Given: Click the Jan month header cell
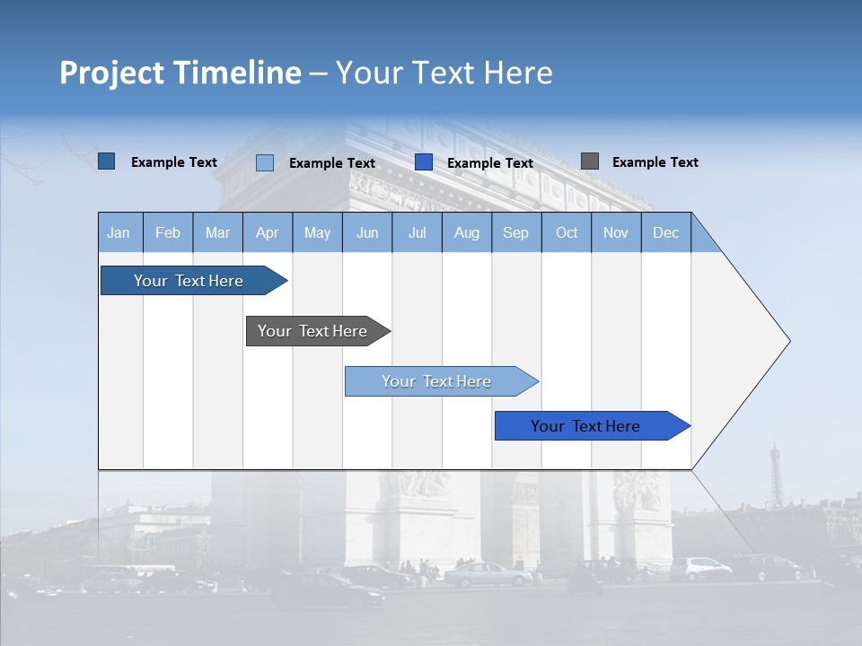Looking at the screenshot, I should click(119, 232).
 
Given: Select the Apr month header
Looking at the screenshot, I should click(268, 232).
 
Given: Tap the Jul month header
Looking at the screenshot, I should click(417, 232).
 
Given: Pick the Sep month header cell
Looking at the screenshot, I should click(515, 232).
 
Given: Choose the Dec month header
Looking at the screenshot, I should click(665, 232).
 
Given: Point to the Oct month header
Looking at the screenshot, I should click(567, 232).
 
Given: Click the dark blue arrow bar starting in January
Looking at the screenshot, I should click(189, 281).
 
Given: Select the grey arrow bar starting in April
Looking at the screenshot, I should click(314, 331).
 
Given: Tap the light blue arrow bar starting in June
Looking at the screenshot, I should click(437, 381).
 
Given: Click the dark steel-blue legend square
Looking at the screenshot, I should click(106, 161).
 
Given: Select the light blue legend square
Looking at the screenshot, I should click(264, 162).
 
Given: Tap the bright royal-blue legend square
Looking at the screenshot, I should click(424, 162).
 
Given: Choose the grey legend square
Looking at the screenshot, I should click(589, 161).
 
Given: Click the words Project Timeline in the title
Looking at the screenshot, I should click(180, 73).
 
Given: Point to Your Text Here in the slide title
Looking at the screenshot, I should click(444, 73).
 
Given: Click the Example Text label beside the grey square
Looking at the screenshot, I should click(655, 162).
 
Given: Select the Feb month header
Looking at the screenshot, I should click(168, 232).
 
